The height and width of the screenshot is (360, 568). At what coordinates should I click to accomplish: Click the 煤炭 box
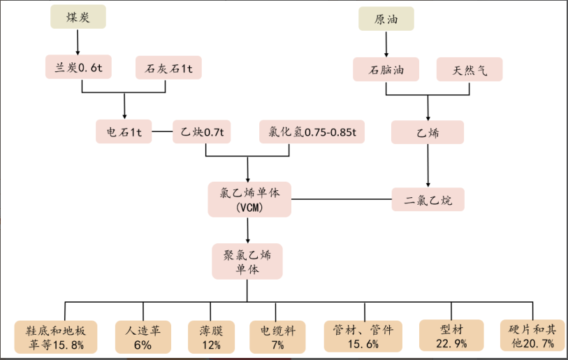coord(78,17)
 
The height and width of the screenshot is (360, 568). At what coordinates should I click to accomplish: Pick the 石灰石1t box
coord(168,69)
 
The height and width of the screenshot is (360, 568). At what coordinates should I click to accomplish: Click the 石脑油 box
coord(385,69)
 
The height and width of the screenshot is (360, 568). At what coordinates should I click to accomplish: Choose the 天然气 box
coord(469,69)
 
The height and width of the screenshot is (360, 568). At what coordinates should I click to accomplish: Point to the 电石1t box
coord(124,131)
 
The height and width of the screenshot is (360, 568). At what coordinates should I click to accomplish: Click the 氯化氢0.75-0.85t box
coord(312,131)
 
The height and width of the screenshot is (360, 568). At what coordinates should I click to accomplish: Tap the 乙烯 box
coord(427,131)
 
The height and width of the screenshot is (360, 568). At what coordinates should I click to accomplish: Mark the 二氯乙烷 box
coord(427,200)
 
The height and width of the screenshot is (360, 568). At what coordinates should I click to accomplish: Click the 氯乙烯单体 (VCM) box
coord(248,199)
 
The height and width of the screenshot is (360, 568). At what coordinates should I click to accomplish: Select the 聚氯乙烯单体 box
coord(247,261)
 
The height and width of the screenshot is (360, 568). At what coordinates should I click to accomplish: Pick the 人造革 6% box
coord(143,336)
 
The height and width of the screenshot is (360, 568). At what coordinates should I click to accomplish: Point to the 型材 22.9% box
coord(451,336)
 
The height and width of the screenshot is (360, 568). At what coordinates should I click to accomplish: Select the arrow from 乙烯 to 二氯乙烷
coord(427,166)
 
